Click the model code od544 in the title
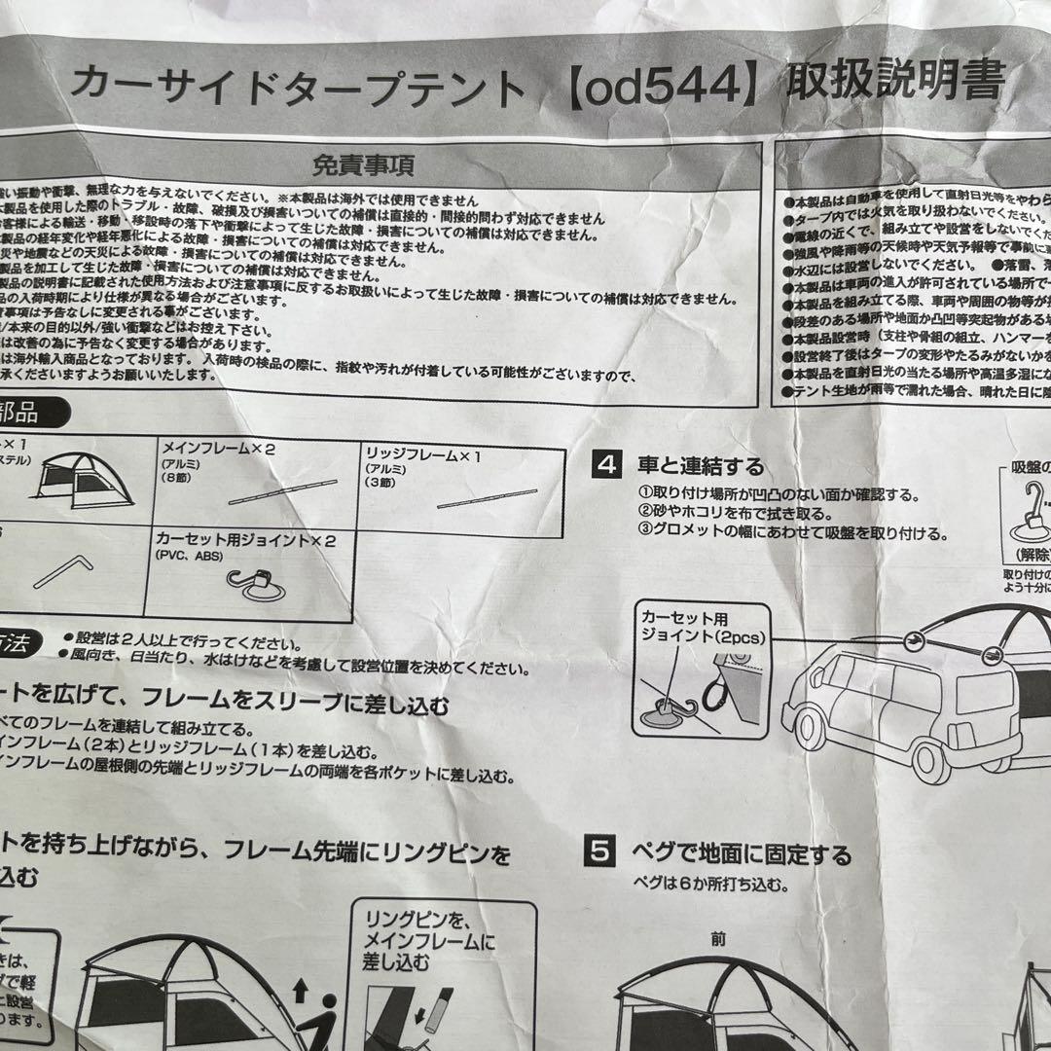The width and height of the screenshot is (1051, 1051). (661, 90)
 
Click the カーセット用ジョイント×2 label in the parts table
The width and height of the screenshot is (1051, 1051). (243, 540)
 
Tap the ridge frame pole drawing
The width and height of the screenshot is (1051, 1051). (487, 498)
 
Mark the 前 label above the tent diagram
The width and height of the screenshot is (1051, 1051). (718, 939)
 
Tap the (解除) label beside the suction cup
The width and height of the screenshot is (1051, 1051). (1031, 555)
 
